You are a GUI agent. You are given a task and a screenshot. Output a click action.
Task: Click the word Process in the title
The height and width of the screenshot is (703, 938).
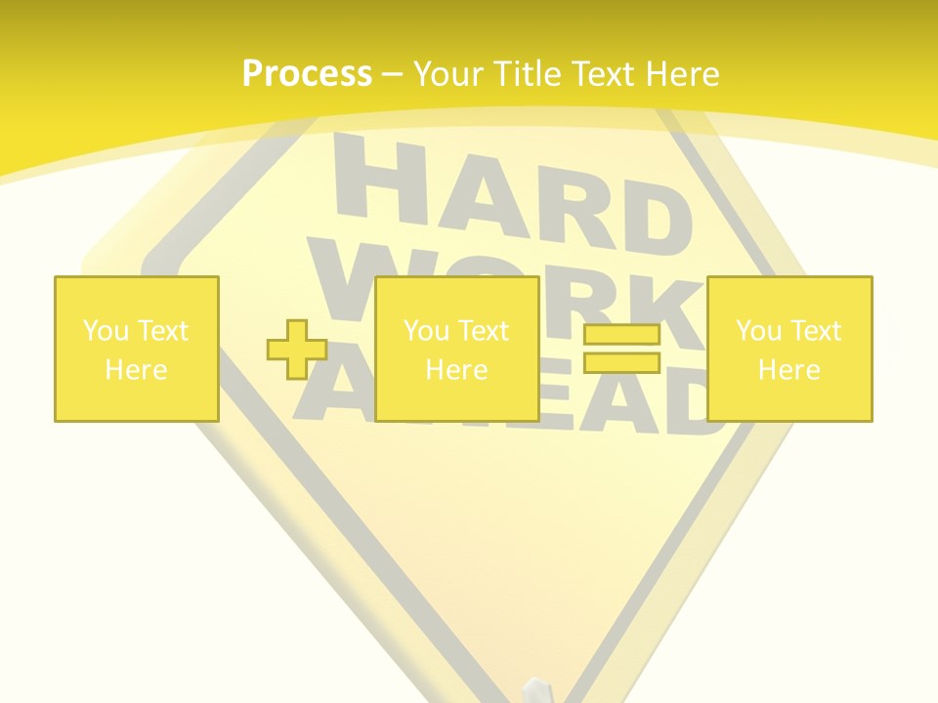point(307,74)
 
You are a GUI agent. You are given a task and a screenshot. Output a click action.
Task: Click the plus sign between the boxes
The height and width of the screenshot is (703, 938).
point(297,350)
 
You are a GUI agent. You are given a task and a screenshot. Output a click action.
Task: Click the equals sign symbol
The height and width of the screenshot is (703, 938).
point(621,349)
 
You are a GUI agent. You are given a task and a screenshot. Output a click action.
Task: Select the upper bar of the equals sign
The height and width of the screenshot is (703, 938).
point(621,335)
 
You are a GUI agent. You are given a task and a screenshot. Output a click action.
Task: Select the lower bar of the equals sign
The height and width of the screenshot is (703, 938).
point(621,362)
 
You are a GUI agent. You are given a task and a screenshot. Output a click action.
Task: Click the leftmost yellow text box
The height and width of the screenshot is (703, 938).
point(136,349)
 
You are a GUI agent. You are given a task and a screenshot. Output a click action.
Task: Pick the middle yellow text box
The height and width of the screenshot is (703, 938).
point(456,349)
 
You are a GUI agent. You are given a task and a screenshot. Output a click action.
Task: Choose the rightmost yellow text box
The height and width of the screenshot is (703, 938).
point(789,349)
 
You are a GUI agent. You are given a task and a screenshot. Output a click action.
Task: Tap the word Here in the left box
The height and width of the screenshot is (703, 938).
point(136,370)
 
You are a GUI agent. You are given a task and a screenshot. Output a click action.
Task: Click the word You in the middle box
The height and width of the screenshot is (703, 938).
point(426,331)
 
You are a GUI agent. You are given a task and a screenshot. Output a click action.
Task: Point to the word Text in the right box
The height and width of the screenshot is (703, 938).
point(815,331)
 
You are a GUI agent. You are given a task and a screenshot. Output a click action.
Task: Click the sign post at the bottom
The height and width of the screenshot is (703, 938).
point(537,689)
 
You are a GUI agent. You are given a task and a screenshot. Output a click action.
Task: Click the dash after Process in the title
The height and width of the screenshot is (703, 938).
point(393,74)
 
